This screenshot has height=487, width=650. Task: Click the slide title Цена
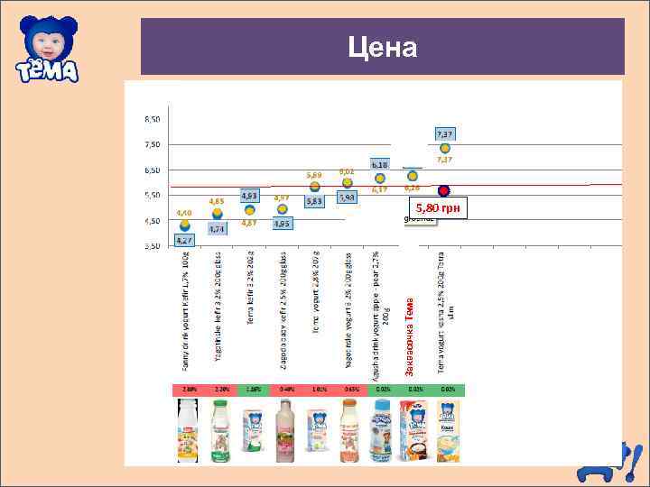(x=383, y=47)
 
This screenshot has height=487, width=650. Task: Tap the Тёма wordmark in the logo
(x=46, y=69)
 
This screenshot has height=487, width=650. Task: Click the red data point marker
(x=444, y=191)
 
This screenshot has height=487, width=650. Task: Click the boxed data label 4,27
(x=184, y=241)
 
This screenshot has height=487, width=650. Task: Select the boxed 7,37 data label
(x=445, y=133)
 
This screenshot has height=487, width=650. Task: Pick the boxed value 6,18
(x=380, y=165)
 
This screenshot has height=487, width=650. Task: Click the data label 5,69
(x=314, y=175)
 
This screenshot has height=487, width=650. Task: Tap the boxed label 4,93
(x=250, y=195)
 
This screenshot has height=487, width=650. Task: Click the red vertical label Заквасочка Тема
(x=410, y=329)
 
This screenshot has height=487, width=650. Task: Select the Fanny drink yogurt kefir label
(x=186, y=310)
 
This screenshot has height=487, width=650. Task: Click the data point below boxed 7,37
(x=445, y=148)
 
